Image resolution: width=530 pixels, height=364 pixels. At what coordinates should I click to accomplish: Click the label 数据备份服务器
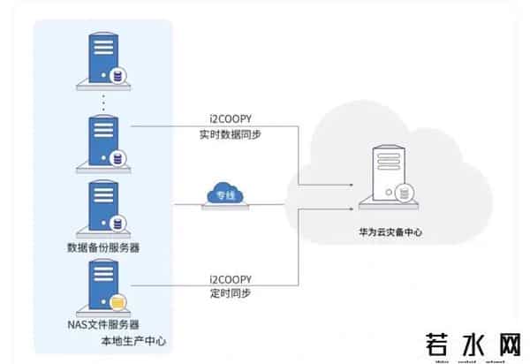[x=103, y=247]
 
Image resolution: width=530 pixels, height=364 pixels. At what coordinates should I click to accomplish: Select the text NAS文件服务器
[x=103, y=325]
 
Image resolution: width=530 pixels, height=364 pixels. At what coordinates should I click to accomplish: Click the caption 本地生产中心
[x=133, y=341]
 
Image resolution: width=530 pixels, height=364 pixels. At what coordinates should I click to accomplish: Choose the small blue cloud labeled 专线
[x=222, y=193]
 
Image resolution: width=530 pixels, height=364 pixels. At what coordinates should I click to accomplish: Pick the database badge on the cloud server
[x=405, y=193]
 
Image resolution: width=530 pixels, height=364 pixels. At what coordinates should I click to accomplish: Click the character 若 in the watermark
[x=443, y=343]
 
